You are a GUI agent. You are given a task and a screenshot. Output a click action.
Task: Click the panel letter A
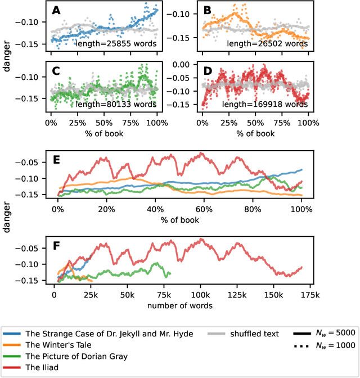[x=55, y=10]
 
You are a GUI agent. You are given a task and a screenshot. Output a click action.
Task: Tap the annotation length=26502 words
[x=268, y=43]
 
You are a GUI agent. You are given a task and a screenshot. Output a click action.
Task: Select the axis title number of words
[x=179, y=305]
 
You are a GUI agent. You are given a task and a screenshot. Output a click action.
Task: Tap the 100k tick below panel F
[x=200, y=294]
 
